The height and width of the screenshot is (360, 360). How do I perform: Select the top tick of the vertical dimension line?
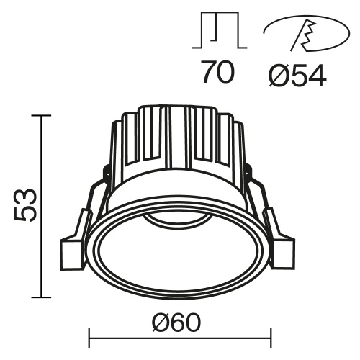(42, 116)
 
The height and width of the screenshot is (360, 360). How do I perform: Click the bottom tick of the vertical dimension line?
(42, 297)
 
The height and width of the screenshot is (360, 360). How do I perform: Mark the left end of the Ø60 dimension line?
(89, 335)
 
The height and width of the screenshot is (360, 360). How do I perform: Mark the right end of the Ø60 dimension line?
(271, 335)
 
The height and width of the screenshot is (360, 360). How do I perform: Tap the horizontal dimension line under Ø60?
(179, 335)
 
